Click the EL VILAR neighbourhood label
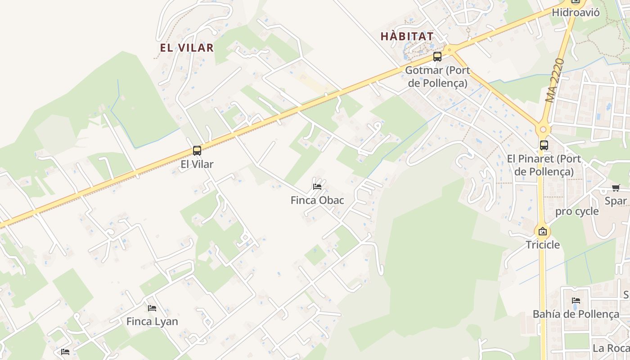[x=187, y=48]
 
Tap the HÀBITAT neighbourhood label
[x=407, y=36]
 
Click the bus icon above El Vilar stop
[x=197, y=151]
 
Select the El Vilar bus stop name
[x=197, y=164]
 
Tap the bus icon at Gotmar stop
[x=437, y=57]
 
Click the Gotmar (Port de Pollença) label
[x=437, y=76]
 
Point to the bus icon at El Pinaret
[x=544, y=145]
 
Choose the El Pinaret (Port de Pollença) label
[x=544, y=165]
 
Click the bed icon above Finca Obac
[x=317, y=187]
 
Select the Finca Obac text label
[x=317, y=200]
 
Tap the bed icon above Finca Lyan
[x=152, y=308]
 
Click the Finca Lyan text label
[x=152, y=322]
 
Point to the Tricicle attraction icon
[x=543, y=232]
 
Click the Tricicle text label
[x=543, y=245]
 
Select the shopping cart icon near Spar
[x=616, y=188]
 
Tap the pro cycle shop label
[x=577, y=211]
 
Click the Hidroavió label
[x=576, y=13]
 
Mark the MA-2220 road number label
[x=554, y=80]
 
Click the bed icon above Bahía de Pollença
[x=576, y=301]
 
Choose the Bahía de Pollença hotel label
[x=576, y=314]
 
